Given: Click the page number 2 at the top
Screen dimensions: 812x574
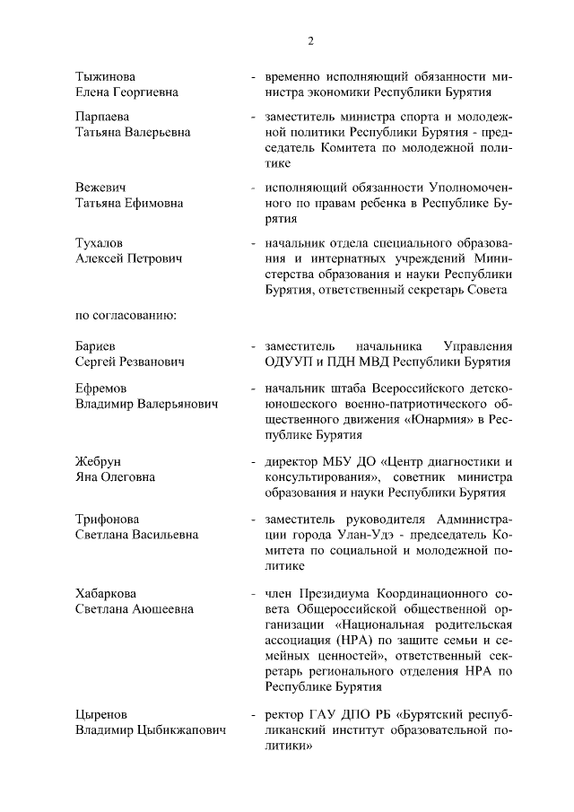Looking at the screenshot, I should click(310, 40).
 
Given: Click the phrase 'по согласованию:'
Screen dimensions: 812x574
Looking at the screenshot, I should click(125, 314).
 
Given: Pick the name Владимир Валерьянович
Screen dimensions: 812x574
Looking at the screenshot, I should click(146, 405).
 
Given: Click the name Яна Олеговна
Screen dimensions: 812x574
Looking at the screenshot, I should click(115, 476).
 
